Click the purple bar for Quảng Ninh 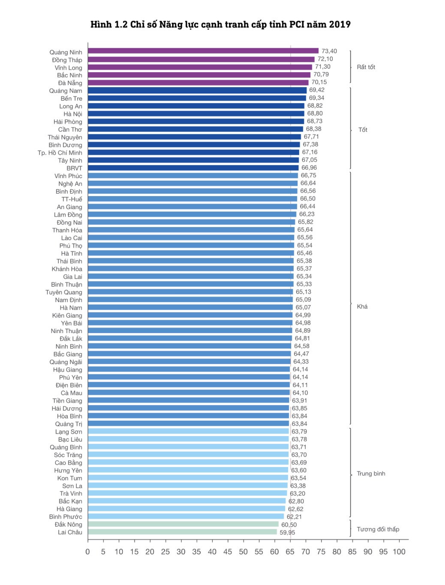[203, 51]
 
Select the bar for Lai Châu [182, 532]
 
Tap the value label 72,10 [325, 59]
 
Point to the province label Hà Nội [73, 114]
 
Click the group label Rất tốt [366, 67]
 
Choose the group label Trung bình [371, 473]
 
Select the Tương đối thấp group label [378, 529]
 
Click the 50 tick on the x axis [243, 552]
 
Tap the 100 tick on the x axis [399, 552]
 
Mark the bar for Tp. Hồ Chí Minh [193, 152]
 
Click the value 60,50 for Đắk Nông [289, 524]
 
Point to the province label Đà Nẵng [70, 83]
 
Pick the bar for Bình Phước [186, 516]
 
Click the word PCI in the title [297, 24]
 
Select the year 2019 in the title [340, 24]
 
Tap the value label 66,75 [308, 175]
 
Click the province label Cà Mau [71, 393]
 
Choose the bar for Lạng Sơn [188, 431]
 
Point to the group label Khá [362, 306]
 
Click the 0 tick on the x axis [88, 552]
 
